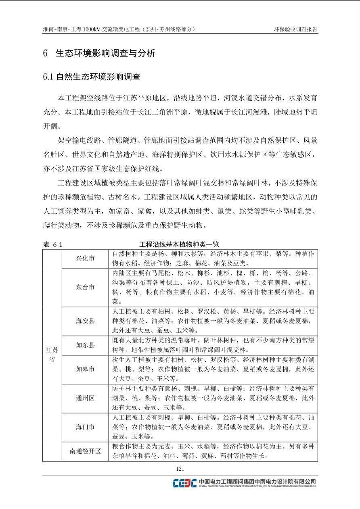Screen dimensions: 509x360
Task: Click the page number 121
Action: pos(180,468)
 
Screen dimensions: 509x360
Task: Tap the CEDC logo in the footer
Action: pos(184,483)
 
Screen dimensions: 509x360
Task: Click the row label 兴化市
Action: pos(85,258)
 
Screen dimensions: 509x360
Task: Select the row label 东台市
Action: pos(85,287)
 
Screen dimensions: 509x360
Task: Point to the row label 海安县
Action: pos(85,321)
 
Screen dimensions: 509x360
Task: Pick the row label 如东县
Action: pos(85,345)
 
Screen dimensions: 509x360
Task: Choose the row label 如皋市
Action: pos(85,369)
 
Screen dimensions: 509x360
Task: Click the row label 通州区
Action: pos(85,398)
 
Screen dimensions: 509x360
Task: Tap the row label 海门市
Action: pos(85,427)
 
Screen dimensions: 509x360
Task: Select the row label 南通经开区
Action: pos(85,451)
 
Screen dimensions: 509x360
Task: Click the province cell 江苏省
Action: pos(52,355)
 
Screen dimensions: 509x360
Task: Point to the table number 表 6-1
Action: pos(52,244)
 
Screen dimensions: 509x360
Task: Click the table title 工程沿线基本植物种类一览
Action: pos(179,244)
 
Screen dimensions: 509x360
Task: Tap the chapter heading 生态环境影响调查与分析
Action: pos(105,53)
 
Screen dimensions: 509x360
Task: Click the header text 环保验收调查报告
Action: pos(296,29)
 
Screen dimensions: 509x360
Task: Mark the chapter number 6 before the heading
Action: pos(45,53)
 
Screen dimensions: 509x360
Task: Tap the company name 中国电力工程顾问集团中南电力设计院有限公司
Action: pos(257,481)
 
